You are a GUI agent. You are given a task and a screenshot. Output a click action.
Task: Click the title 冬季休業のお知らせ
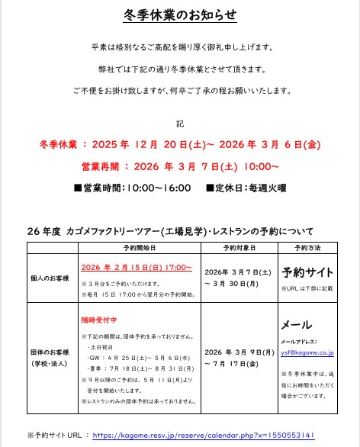[x=179, y=14]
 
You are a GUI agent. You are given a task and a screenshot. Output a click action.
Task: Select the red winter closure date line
[x=179, y=146]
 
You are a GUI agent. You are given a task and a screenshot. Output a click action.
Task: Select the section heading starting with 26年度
[x=169, y=230]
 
